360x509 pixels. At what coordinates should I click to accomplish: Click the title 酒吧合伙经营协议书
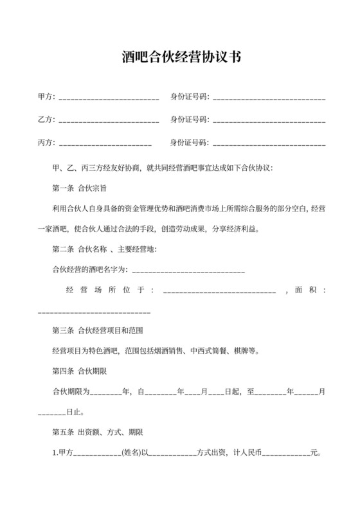point(180,57)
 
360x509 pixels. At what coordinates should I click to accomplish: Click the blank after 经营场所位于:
point(220,291)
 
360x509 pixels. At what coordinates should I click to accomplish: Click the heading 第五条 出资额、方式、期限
point(97,431)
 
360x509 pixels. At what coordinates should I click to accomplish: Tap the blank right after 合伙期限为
point(105,391)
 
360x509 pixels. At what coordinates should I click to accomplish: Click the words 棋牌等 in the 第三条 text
point(246,352)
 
